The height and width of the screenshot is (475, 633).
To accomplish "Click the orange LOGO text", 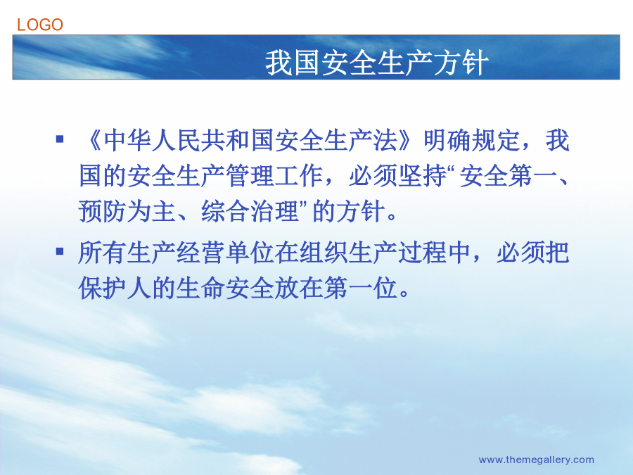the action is (40, 25).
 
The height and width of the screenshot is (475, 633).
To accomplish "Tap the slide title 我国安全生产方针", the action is (377, 63).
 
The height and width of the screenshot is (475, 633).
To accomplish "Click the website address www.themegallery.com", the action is (536, 460).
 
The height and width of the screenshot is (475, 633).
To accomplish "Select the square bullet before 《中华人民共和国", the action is (60, 139).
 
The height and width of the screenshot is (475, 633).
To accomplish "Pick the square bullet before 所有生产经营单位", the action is (60, 252).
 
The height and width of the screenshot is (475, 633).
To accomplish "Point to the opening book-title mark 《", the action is (91, 140).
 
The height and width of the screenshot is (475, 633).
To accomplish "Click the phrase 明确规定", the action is (471, 140).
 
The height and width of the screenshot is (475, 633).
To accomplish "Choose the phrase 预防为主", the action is (127, 211).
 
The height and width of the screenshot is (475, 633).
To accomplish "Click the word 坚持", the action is (423, 176).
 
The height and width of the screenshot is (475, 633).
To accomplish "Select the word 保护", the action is (103, 288).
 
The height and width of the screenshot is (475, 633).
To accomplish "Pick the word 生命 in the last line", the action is (201, 288).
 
